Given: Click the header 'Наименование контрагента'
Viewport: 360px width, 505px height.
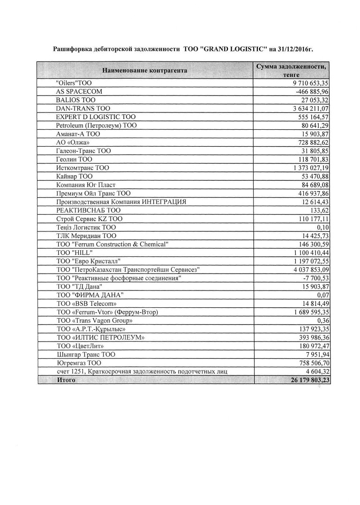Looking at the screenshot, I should pos(145,70).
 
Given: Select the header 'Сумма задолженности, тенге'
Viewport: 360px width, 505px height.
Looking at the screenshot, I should pos(292,70).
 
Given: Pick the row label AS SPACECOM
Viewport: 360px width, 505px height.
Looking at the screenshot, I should pos(79,91).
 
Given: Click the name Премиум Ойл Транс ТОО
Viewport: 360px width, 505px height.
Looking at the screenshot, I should pos(93,193).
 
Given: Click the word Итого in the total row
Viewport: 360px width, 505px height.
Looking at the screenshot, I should pos(66,380).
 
